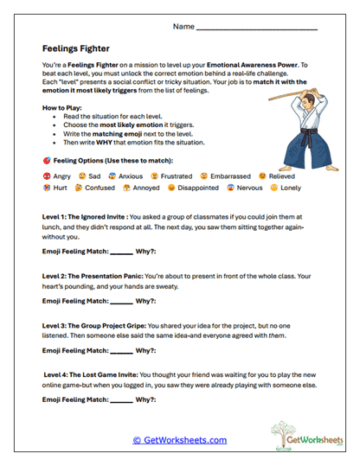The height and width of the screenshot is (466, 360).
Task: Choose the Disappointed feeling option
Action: (x=198, y=187)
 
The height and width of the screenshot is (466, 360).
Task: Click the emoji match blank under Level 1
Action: (x=120, y=252)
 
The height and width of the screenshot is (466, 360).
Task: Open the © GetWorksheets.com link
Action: (x=179, y=440)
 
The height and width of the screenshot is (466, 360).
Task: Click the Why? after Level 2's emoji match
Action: (x=146, y=301)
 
